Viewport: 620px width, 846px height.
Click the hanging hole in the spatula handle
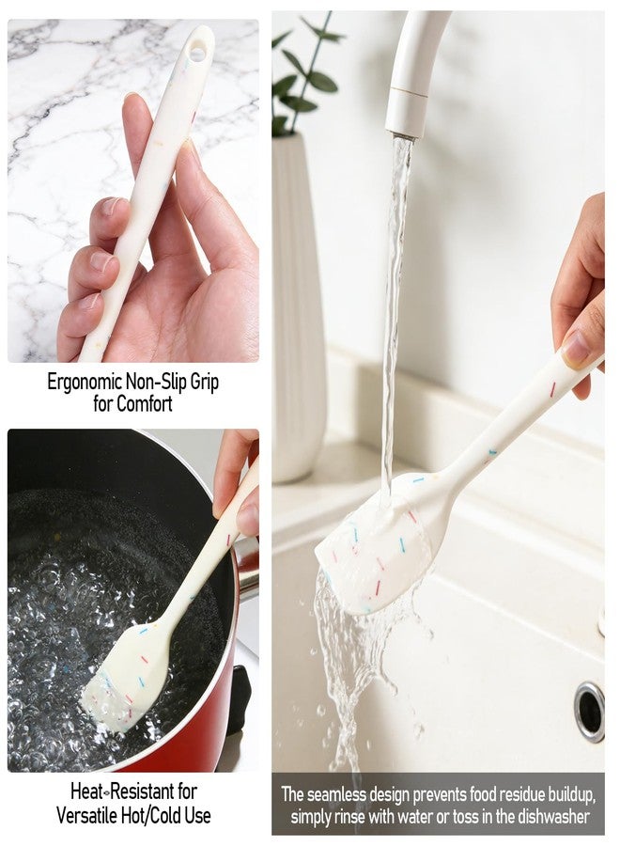tap(197, 53)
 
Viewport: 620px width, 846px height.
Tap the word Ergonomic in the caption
tap(85, 382)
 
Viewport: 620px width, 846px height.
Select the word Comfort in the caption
tap(145, 403)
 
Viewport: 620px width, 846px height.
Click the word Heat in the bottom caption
tap(86, 791)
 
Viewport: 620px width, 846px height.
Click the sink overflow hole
tap(589, 712)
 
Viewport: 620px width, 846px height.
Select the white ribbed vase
tap(297, 307)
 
